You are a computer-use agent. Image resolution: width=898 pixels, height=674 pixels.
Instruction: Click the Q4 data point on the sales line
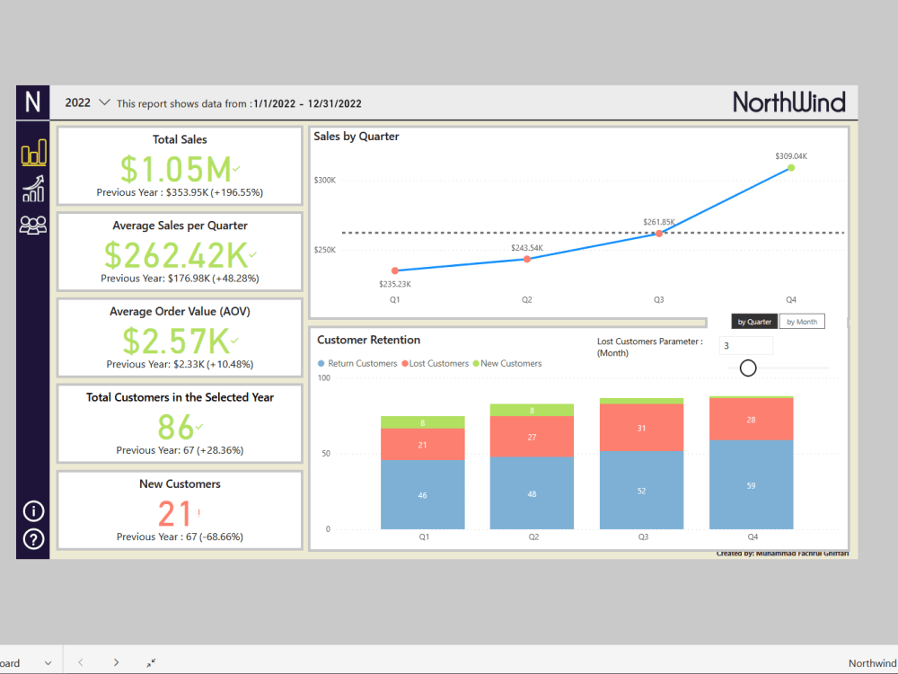point(791,167)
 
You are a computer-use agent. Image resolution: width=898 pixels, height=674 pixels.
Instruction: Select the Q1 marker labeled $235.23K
point(394,270)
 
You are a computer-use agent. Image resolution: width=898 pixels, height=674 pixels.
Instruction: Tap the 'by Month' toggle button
point(801,322)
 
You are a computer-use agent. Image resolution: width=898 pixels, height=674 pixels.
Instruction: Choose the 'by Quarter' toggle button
point(754,322)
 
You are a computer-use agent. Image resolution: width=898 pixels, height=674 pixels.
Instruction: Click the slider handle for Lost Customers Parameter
point(748,368)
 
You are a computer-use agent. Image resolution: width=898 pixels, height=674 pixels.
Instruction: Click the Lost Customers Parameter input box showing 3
point(745,346)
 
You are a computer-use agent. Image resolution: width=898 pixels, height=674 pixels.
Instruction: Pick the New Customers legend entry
point(509,363)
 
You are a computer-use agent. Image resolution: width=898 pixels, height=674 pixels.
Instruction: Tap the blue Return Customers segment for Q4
point(751,485)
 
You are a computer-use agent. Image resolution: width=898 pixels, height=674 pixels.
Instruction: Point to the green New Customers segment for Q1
point(423,422)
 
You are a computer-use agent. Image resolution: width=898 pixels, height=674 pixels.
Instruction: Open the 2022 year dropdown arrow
point(104,102)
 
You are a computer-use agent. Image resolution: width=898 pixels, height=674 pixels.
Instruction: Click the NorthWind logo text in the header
point(788,102)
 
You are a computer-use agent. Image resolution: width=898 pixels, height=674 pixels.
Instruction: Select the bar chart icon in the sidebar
point(33,153)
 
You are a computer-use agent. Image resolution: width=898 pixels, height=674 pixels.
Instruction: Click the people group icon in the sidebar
point(33,225)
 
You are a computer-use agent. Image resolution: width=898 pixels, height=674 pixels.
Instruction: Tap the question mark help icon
point(33,539)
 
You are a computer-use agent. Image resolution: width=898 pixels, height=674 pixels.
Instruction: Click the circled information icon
point(33,511)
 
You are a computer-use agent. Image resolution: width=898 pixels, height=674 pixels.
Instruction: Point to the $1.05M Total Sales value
point(176,169)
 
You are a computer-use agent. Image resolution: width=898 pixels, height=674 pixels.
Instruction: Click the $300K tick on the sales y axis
point(324,180)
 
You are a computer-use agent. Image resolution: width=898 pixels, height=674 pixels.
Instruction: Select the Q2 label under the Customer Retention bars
point(533,537)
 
